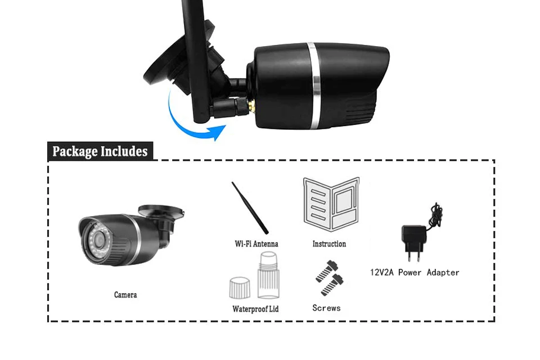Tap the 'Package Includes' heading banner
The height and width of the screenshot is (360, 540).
coord(100,151)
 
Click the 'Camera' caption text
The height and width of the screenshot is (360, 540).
coord(125,295)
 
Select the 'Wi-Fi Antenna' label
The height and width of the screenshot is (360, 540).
coord(256,244)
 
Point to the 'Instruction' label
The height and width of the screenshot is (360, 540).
coord(329,244)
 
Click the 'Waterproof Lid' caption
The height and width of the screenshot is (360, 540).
coord(255,309)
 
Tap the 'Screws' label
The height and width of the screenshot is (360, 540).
coord(326,308)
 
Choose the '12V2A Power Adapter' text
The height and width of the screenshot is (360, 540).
coord(414,273)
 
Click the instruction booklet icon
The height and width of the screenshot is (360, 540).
coord(331,203)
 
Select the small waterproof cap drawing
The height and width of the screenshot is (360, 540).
coord(239,287)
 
